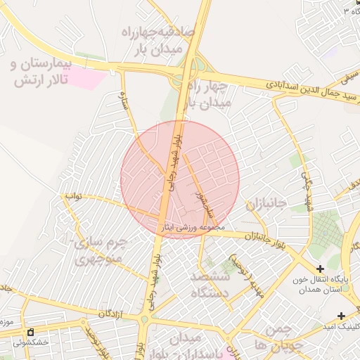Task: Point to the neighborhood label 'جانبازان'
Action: (266, 204)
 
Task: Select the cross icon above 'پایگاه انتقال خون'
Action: (321, 268)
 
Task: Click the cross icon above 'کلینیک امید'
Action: (341, 316)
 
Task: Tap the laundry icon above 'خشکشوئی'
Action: (30, 332)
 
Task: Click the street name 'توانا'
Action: (73, 197)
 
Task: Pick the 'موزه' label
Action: (7, 323)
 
